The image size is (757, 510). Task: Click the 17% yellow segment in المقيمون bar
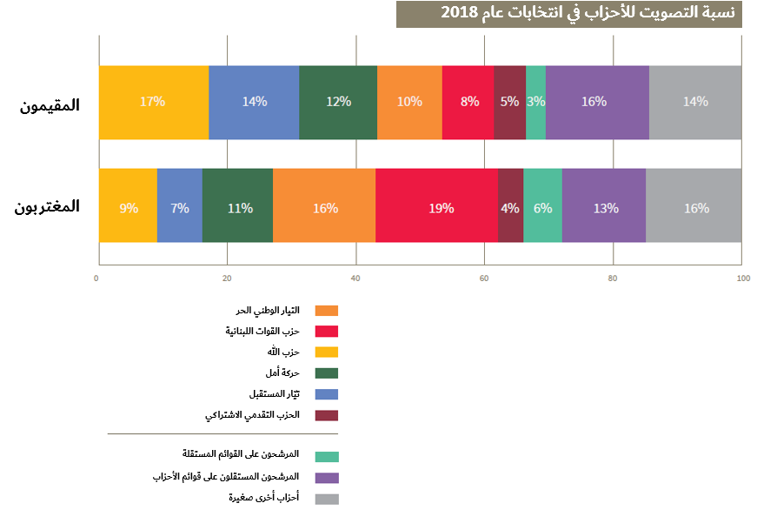click(153, 102)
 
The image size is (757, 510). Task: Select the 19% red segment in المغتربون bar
click(441, 209)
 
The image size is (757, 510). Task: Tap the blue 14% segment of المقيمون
click(254, 102)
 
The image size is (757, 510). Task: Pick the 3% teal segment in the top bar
click(536, 102)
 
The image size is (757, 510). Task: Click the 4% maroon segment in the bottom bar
click(510, 209)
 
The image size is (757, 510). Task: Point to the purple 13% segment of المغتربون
click(605, 209)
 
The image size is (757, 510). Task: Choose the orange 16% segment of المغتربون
click(324, 209)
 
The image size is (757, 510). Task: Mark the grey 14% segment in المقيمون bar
click(695, 102)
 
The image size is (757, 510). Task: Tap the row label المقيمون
click(50, 105)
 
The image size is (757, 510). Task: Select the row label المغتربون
click(48, 207)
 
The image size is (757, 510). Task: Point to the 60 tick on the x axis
click(484, 278)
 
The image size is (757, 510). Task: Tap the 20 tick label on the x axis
click(226, 278)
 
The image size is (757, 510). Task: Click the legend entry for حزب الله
click(283, 352)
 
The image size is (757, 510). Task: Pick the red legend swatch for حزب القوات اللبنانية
click(327, 332)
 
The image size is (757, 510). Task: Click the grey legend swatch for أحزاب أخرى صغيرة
click(327, 499)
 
